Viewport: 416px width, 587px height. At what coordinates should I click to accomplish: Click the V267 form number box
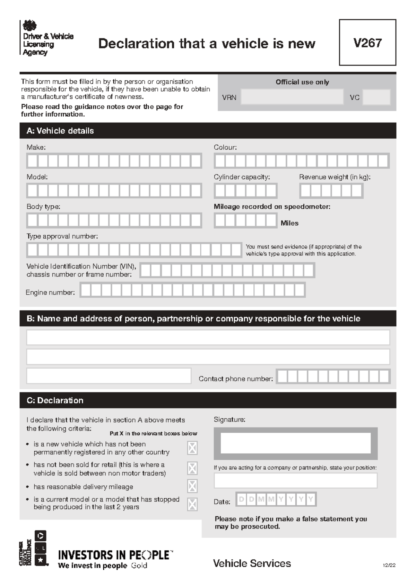pos(367,43)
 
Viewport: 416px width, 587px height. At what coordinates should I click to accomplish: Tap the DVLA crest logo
pos(29,26)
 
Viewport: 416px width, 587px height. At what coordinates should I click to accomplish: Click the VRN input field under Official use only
pos(292,97)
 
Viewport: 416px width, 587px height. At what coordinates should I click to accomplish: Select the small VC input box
pos(376,97)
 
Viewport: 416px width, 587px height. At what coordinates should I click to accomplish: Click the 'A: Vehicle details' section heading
pos(60,131)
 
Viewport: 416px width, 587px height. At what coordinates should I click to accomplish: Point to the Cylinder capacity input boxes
pos(245,191)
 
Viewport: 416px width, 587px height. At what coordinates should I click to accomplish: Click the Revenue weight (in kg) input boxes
pos(331,191)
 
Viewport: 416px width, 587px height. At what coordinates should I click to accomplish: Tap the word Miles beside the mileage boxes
pos(289,223)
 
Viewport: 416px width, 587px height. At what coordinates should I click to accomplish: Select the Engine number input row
pos(192,290)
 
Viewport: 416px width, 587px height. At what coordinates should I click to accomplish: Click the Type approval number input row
pos(134,250)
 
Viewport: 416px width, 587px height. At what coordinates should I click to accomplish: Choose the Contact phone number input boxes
pos(333,377)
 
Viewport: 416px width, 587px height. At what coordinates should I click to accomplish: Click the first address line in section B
pos(208,337)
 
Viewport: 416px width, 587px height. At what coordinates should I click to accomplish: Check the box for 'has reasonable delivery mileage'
pos(192,486)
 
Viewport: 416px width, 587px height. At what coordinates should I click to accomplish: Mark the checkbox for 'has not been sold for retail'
pos(192,468)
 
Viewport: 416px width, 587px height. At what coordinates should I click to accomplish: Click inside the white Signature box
pos(295,443)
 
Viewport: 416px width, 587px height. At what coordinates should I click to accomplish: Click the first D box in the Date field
pos(242,499)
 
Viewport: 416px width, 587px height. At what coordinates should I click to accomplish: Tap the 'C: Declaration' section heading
pos(55,400)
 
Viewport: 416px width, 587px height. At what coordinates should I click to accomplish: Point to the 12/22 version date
pos(389,565)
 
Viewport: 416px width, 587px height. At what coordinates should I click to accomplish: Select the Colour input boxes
pos(301,161)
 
